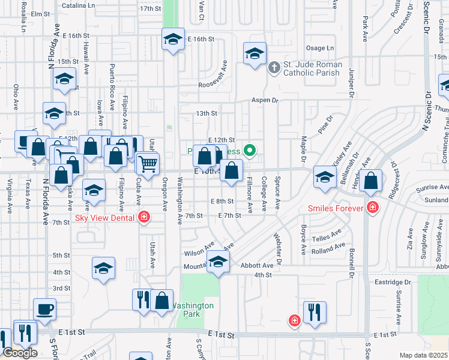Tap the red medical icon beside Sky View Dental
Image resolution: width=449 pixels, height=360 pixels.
(143, 217)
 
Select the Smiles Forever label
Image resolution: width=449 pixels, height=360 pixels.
(336, 208)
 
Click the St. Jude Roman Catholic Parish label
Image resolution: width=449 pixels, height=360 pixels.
(314, 68)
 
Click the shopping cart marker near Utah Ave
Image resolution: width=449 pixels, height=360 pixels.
(147, 163)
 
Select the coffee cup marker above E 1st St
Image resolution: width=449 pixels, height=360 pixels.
(44, 310)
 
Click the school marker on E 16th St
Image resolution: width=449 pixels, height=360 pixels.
(173, 40)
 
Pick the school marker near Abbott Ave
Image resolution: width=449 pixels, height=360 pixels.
(218, 262)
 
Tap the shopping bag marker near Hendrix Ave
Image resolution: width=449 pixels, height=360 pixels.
(372, 181)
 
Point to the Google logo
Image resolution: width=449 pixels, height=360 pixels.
(20, 353)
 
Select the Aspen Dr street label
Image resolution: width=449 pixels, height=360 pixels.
(265, 100)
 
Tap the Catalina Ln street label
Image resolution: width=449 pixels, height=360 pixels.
(79, 5)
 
